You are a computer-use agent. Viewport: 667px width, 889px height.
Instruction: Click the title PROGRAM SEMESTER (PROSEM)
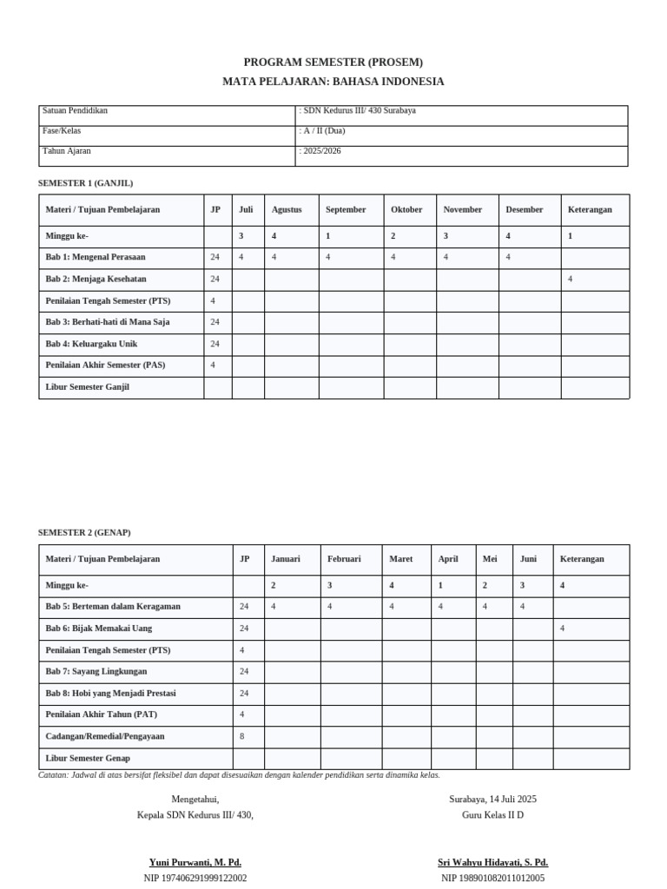coord(333,63)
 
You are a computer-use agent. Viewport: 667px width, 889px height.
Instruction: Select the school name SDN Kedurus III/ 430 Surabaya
coord(359,111)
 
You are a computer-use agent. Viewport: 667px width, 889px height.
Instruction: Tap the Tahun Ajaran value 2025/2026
coord(321,151)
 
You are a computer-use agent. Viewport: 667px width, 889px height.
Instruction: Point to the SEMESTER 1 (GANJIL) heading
coord(85,183)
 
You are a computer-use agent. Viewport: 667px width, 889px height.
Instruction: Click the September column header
coord(346,210)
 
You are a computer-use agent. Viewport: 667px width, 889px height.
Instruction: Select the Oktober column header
coord(406,210)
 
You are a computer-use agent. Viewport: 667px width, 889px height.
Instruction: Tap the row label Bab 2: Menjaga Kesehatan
coord(96,280)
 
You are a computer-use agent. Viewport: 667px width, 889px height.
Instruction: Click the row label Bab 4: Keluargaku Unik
coord(91,344)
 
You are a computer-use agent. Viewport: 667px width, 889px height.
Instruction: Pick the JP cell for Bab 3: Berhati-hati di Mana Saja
coord(215,322)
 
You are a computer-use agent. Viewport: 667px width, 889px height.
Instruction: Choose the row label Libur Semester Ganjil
coord(87,387)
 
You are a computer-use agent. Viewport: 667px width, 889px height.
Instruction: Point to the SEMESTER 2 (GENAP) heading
coord(84,532)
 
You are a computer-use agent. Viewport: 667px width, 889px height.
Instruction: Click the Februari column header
coord(344,559)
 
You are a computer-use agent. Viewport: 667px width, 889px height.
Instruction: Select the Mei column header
coord(490,559)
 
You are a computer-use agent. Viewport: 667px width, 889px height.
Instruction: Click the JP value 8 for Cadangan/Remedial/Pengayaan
coord(242,736)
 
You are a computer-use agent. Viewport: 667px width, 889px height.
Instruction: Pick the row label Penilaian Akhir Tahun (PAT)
coord(101,714)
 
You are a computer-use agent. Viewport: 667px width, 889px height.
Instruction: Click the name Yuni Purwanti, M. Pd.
coord(195,863)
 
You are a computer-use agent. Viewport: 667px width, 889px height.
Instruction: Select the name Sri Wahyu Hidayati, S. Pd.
coord(492,863)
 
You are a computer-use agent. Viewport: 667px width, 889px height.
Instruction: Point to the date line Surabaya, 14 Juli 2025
coord(492,799)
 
